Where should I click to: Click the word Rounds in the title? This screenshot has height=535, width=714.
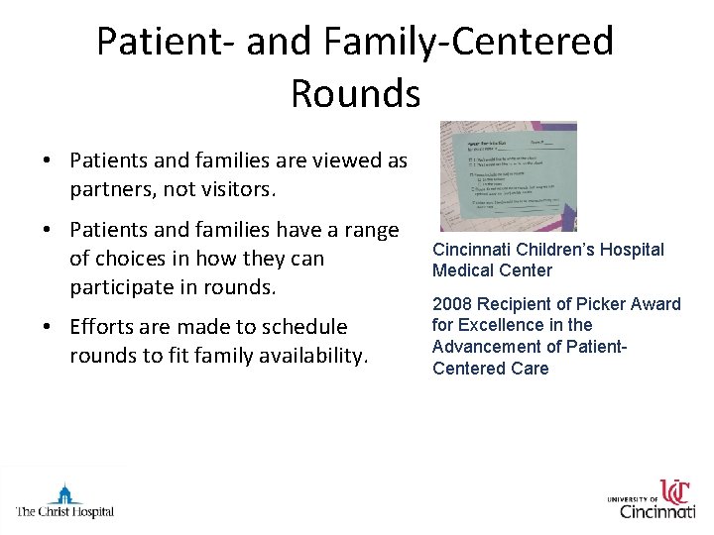tap(355, 94)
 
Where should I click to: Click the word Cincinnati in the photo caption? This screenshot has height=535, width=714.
tap(472, 250)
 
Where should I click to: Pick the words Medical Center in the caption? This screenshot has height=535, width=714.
tap(492, 270)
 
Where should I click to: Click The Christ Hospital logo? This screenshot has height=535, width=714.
tap(64, 500)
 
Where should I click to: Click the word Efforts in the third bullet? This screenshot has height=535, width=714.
tap(105, 327)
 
